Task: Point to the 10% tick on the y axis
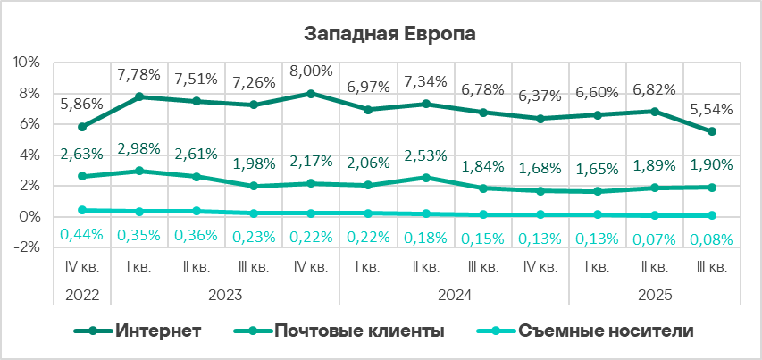tap(26, 63)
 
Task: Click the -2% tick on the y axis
tap(26, 248)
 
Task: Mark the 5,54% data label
tap(713, 110)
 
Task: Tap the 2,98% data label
tap(138, 147)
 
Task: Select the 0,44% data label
tap(82, 236)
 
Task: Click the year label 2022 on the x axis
tap(82, 294)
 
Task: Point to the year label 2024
tap(453, 294)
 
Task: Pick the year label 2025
tap(656, 294)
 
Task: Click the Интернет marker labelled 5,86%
tap(82, 127)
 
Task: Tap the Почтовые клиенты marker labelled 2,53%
tap(426, 178)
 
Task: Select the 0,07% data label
tap(655, 239)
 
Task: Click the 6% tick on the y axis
tap(28, 124)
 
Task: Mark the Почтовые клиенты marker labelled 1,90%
tap(713, 188)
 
